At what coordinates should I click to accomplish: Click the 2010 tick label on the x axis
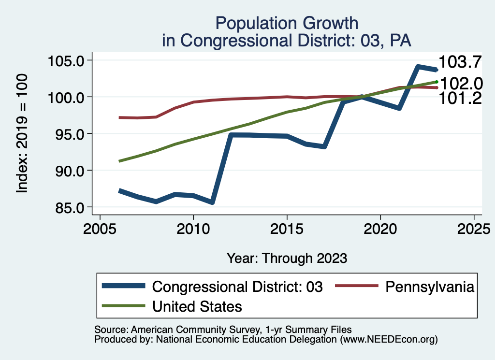coord(193,228)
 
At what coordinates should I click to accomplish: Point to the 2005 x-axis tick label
coord(100,228)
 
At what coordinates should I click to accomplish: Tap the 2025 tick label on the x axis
coord(474,228)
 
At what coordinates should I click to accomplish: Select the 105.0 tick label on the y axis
coord(66,61)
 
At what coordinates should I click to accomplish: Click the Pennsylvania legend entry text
coord(429,287)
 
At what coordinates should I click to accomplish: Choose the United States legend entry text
coord(197,306)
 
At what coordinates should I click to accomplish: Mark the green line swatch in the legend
coord(124,306)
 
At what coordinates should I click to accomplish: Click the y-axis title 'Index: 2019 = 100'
coord(22,134)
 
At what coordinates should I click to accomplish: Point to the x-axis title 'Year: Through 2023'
coord(287,258)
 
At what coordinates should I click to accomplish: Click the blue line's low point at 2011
coord(212,202)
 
